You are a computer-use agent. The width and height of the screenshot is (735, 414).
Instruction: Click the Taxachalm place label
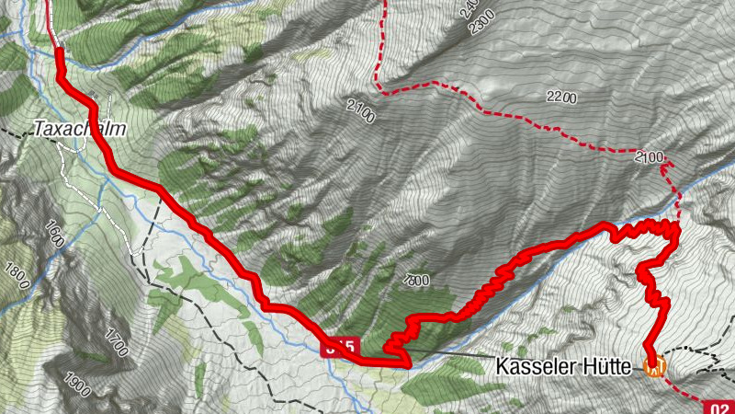point(78,130)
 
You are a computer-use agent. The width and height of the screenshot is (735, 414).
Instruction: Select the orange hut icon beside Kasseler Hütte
point(654,368)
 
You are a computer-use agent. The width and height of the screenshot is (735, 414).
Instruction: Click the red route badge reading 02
point(718,407)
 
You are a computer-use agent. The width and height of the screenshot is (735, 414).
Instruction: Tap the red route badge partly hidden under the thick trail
point(337,348)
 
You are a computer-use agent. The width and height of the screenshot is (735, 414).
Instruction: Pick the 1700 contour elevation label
point(115,342)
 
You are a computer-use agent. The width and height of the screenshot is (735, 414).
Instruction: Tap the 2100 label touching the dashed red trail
point(649,158)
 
